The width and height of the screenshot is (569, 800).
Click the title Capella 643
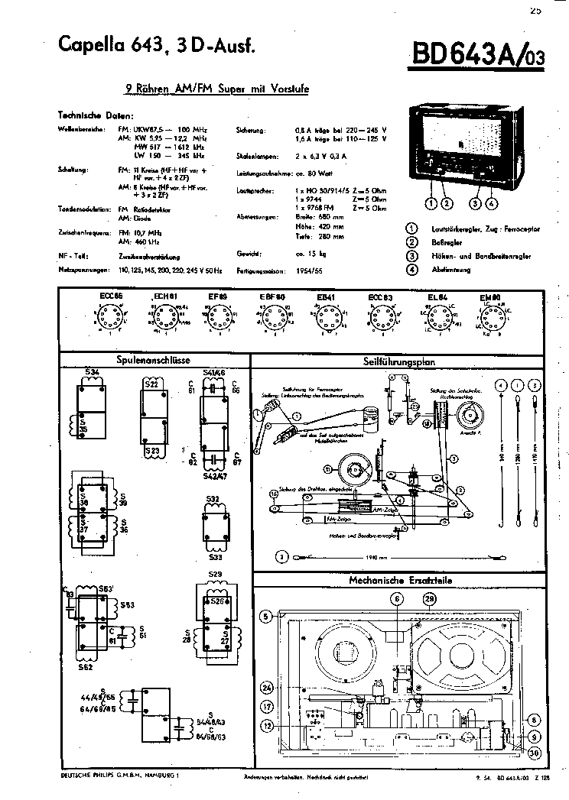point(107,47)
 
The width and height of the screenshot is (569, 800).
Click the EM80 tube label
point(489,296)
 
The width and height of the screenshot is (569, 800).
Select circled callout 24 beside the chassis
point(267,685)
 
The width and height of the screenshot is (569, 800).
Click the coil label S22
point(151,384)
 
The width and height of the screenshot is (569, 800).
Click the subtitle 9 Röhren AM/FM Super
point(216,88)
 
